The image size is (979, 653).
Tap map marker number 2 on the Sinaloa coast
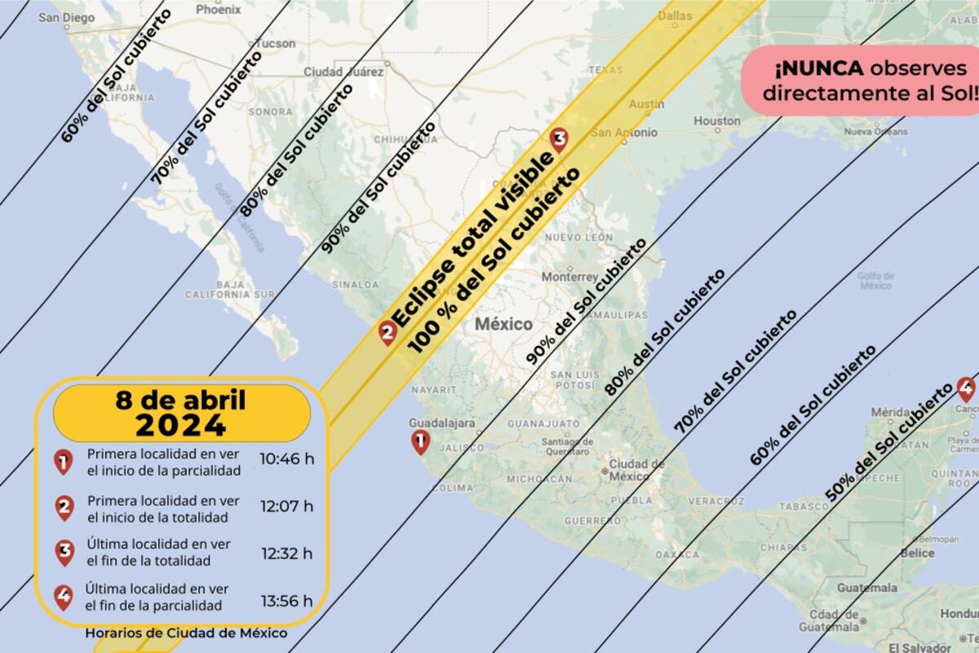coord(388,331)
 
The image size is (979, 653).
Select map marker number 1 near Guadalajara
coord(420,442)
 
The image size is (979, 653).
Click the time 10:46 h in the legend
coord(286,458)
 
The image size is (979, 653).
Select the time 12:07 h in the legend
coord(286,506)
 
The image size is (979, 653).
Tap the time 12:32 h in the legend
coord(286,553)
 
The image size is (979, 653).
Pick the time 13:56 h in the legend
coord(286,601)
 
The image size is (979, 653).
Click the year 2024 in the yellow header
coord(181,425)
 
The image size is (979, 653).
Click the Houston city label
coord(717,122)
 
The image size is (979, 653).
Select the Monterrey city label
coord(569,277)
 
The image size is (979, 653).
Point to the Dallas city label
coord(675,16)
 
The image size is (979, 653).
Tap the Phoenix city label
coord(219,11)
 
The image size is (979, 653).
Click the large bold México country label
coord(504,323)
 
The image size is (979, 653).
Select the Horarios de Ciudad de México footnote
coord(186,633)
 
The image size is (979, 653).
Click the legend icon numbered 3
coord(64,553)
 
